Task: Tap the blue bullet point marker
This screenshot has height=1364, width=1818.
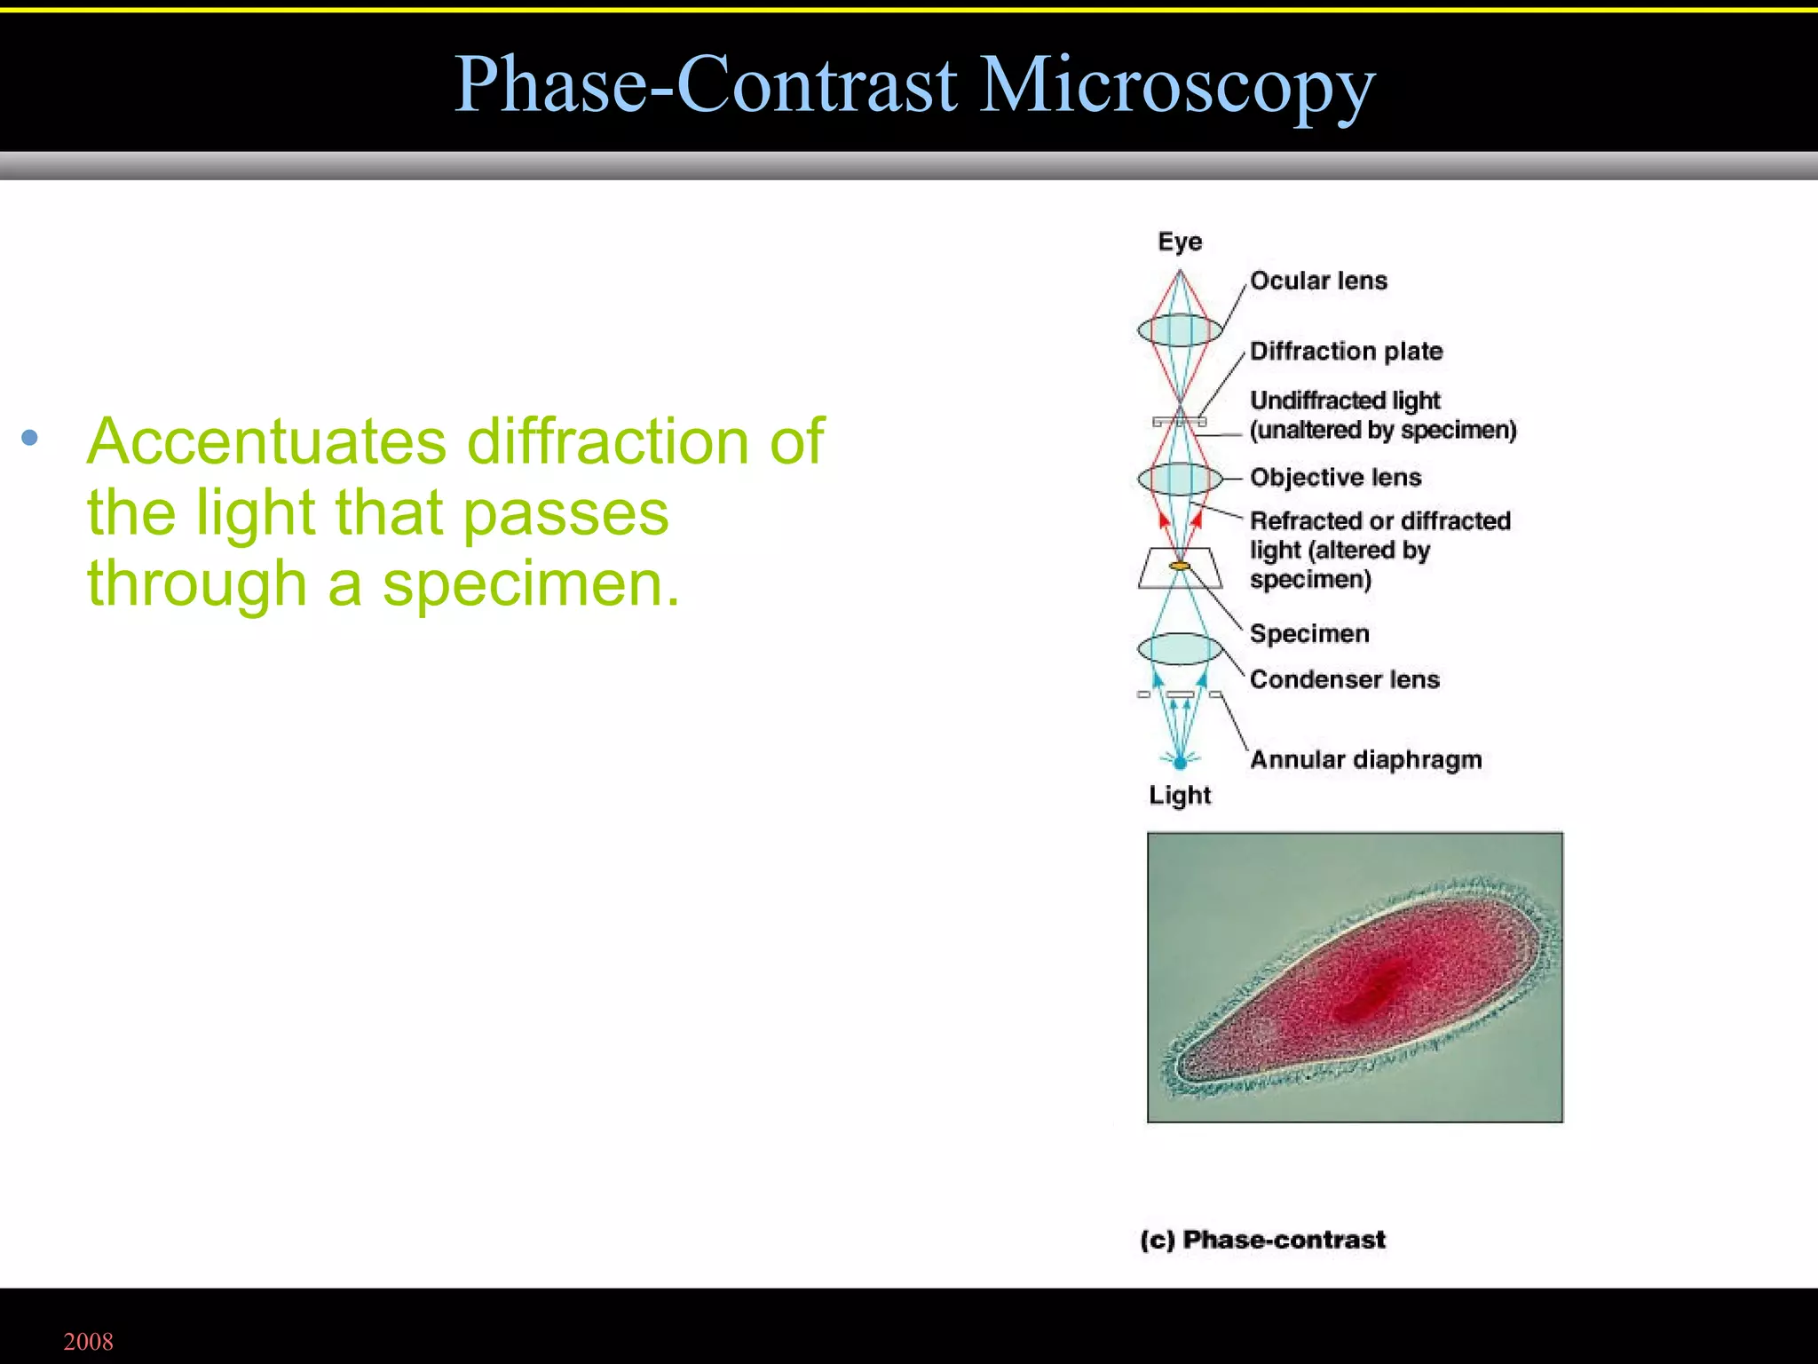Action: (30, 437)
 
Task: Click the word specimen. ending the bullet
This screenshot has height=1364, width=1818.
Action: (530, 585)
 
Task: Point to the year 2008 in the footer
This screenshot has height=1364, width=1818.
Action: (89, 1341)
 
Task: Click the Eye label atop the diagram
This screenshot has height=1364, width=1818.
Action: (1180, 242)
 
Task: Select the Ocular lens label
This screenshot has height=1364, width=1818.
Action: (1318, 281)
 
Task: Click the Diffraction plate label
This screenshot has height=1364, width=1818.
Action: (1346, 351)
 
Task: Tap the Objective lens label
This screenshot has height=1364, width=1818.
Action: (1335, 478)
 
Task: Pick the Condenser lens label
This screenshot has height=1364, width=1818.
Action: (1344, 679)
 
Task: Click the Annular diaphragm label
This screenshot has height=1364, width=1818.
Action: (1365, 760)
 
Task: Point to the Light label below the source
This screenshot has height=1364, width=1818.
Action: (1179, 795)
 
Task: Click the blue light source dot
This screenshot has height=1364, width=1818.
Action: (1180, 762)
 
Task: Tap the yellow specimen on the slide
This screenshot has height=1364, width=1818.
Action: (1180, 566)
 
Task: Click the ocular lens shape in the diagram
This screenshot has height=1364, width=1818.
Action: (1180, 330)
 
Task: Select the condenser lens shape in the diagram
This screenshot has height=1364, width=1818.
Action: (1180, 649)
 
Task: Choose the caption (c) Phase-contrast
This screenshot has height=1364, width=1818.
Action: (1262, 1240)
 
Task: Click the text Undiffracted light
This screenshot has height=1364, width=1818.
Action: (1344, 400)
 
